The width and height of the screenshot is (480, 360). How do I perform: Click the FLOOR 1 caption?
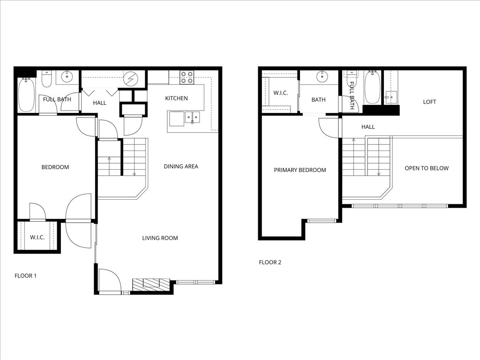tap(25, 276)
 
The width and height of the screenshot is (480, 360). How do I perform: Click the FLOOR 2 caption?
tap(270, 262)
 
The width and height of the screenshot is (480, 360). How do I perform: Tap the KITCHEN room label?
tap(176, 98)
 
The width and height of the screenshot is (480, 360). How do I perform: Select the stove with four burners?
tap(187, 77)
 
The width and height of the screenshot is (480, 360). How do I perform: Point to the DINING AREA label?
tap(180, 166)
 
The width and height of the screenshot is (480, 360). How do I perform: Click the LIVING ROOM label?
tap(160, 238)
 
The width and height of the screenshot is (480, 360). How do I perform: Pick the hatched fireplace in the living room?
tap(150, 283)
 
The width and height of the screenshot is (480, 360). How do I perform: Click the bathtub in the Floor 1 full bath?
tap(27, 95)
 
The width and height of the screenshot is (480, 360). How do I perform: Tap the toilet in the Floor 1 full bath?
tap(46, 80)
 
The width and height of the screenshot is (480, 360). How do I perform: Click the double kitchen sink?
tap(192, 117)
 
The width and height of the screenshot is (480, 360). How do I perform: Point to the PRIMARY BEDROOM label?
tap(300, 170)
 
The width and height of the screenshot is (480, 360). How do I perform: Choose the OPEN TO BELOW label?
tap(427, 168)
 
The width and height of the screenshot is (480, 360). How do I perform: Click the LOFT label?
tap(429, 102)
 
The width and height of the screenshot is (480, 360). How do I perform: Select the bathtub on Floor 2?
tap(372, 88)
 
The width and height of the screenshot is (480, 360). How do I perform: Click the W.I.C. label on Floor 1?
tap(37, 238)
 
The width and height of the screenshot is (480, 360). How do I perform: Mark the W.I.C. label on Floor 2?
tap(281, 93)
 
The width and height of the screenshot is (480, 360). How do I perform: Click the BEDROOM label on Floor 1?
tap(55, 167)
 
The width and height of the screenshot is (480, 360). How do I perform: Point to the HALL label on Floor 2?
tap(368, 127)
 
